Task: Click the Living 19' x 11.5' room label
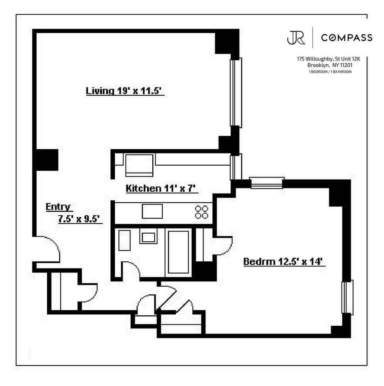point(125,91)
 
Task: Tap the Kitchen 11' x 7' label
point(162,188)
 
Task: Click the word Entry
point(59,207)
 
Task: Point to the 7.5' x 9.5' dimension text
point(79,219)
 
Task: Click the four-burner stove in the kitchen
point(202,212)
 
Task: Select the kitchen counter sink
point(152,211)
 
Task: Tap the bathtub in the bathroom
point(179,251)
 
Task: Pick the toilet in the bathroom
point(125,240)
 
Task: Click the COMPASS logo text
point(347,37)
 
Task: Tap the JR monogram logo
point(296,37)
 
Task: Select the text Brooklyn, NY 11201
point(330,65)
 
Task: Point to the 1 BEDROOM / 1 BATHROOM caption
point(330,72)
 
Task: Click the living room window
point(236,93)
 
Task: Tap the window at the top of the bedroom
point(266,183)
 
